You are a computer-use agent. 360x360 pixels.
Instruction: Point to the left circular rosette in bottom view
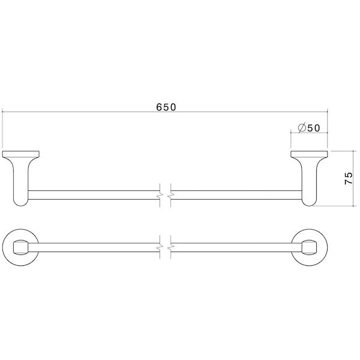pos(22,247)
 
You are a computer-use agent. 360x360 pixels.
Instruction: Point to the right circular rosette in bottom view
pos(309,247)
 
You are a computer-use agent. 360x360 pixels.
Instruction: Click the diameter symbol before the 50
pos(302,127)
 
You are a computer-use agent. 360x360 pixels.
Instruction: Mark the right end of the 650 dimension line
pos(328,112)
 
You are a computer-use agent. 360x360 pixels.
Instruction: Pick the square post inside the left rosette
pos(22,247)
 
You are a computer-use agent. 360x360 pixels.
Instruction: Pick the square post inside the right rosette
pos(310,247)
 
